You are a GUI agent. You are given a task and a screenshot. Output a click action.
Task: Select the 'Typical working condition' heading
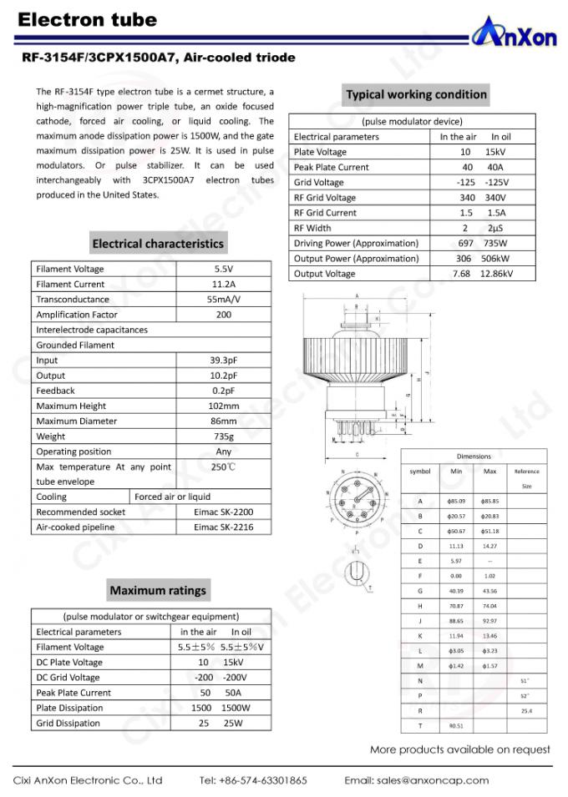416,94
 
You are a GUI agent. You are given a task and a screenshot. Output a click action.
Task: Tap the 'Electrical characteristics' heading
158,244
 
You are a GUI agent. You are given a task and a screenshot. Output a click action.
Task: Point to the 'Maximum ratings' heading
158,590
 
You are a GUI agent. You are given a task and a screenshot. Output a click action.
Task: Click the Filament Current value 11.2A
224,285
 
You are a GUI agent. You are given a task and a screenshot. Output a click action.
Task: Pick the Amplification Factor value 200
224,315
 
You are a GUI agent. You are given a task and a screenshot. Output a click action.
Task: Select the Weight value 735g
224,436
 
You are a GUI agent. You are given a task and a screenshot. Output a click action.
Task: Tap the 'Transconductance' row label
73,300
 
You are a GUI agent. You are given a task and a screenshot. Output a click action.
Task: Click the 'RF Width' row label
312,228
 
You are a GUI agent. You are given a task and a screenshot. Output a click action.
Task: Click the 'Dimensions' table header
474,456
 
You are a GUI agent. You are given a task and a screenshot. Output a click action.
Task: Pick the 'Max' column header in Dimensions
489,472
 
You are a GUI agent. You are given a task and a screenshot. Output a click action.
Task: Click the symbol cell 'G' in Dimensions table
420,591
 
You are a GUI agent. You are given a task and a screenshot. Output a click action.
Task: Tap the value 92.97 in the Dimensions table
489,621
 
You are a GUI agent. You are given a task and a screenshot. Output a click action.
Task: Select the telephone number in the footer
253,780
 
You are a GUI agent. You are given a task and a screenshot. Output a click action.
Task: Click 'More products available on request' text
460,749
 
